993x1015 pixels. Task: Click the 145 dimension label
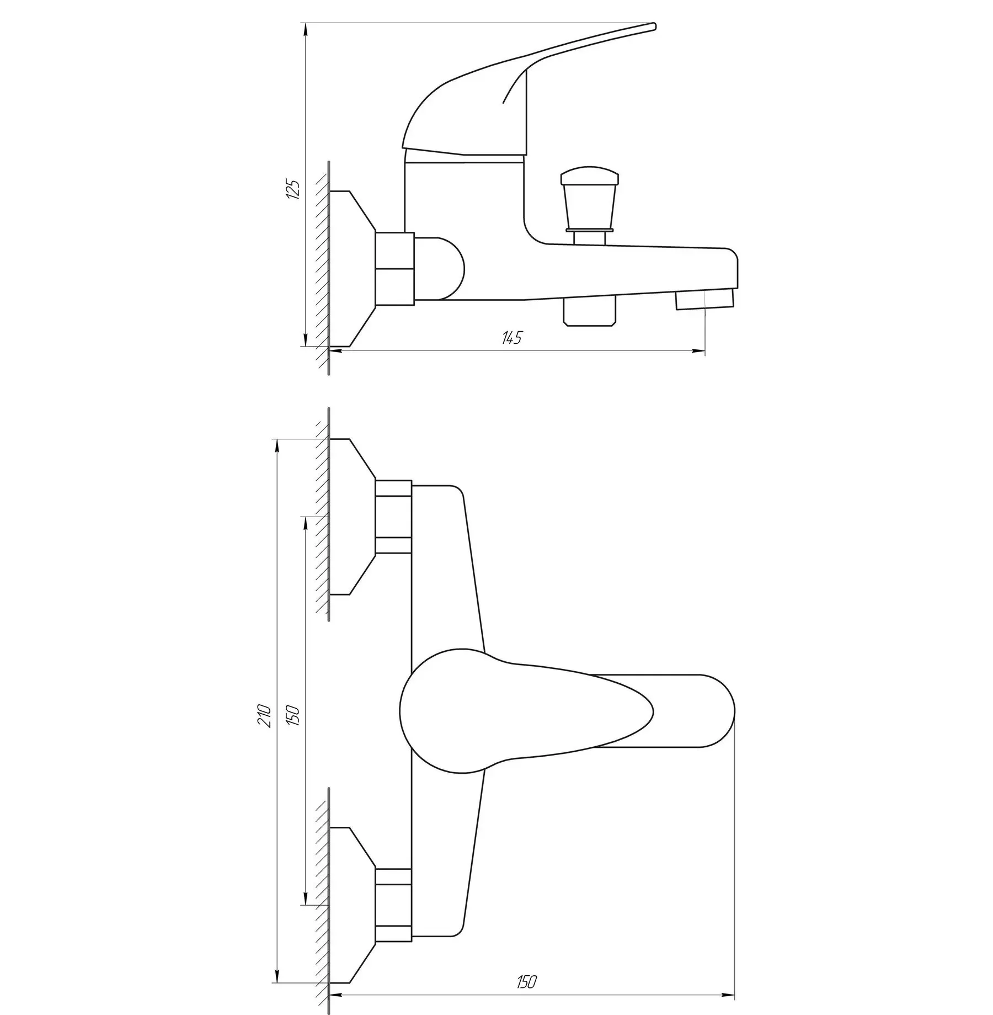tap(511, 338)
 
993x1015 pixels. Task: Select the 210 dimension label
tap(266, 716)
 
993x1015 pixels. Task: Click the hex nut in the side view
tap(394, 268)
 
